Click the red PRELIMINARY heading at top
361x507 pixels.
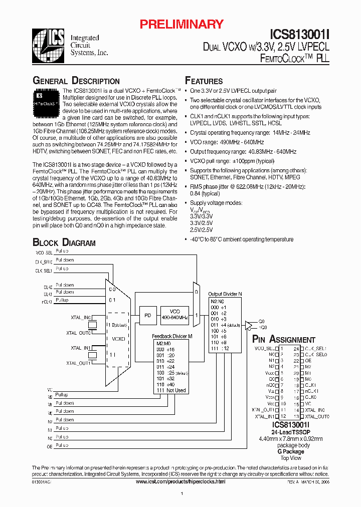pos(181,24)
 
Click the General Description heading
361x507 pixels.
pos(76,81)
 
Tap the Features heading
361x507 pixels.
pos(204,81)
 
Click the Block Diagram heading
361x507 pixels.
pos(64,242)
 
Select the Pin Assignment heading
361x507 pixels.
pos(284,340)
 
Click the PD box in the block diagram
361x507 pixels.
pos(147,314)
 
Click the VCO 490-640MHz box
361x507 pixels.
pos(175,314)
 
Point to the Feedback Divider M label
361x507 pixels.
pos(172,336)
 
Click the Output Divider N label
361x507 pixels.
pos(225,294)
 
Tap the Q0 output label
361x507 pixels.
pos(261,322)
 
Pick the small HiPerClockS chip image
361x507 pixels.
pos(47,99)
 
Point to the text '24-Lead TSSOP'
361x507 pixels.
pos(283,432)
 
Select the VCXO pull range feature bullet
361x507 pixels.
pos(232,161)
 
